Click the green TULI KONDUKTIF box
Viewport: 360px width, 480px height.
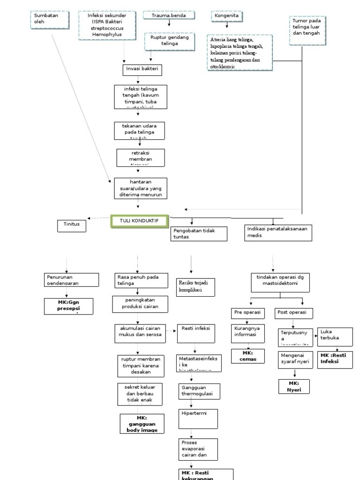(x=140, y=222)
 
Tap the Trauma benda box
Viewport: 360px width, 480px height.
(x=169, y=15)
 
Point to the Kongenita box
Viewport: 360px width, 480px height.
(x=227, y=16)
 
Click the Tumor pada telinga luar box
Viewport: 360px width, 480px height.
(x=307, y=30)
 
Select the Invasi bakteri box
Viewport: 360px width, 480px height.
(x=142, y=70)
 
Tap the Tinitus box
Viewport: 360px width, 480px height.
(x=72, y=225)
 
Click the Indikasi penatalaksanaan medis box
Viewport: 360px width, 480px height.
(x=278, y=232)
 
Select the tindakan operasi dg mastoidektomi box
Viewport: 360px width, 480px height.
(x=280, y=280)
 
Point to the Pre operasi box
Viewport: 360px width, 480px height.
(x=248, y=313)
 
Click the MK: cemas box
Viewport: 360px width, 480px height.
(x=247, y=356)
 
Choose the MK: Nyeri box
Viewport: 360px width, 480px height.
(x=294, y=386)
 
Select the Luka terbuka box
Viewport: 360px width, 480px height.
(x=335, y=336)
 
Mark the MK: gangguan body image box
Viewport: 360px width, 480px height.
(x=142, y=424)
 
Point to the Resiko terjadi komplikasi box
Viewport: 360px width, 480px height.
(x=195, y=287)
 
